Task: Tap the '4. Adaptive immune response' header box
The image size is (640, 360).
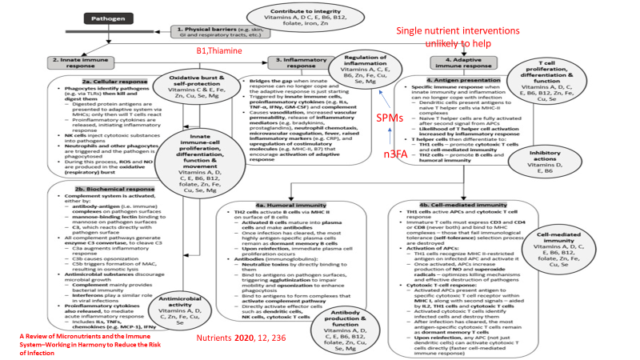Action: tap(467, 62)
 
